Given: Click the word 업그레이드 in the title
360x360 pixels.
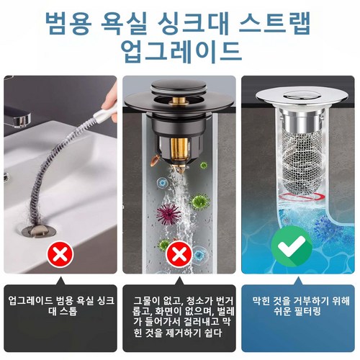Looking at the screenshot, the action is pyautogui.click(x=181, y=51).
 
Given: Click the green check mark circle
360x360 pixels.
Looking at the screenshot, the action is pyautogui.click(x=292, y=246).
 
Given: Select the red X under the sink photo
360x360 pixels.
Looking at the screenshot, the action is pyautogui.click(x=60, y=254).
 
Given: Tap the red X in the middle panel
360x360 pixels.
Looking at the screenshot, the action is pyautogui.click(x=179, y=254).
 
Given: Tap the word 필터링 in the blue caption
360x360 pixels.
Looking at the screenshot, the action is pyautogui.click(x=309, y=312).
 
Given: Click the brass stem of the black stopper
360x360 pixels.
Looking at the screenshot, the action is pyautogui.click(x=179, y=150).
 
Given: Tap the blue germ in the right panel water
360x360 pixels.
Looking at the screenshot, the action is pyautogui.click(x=330, y=228).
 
